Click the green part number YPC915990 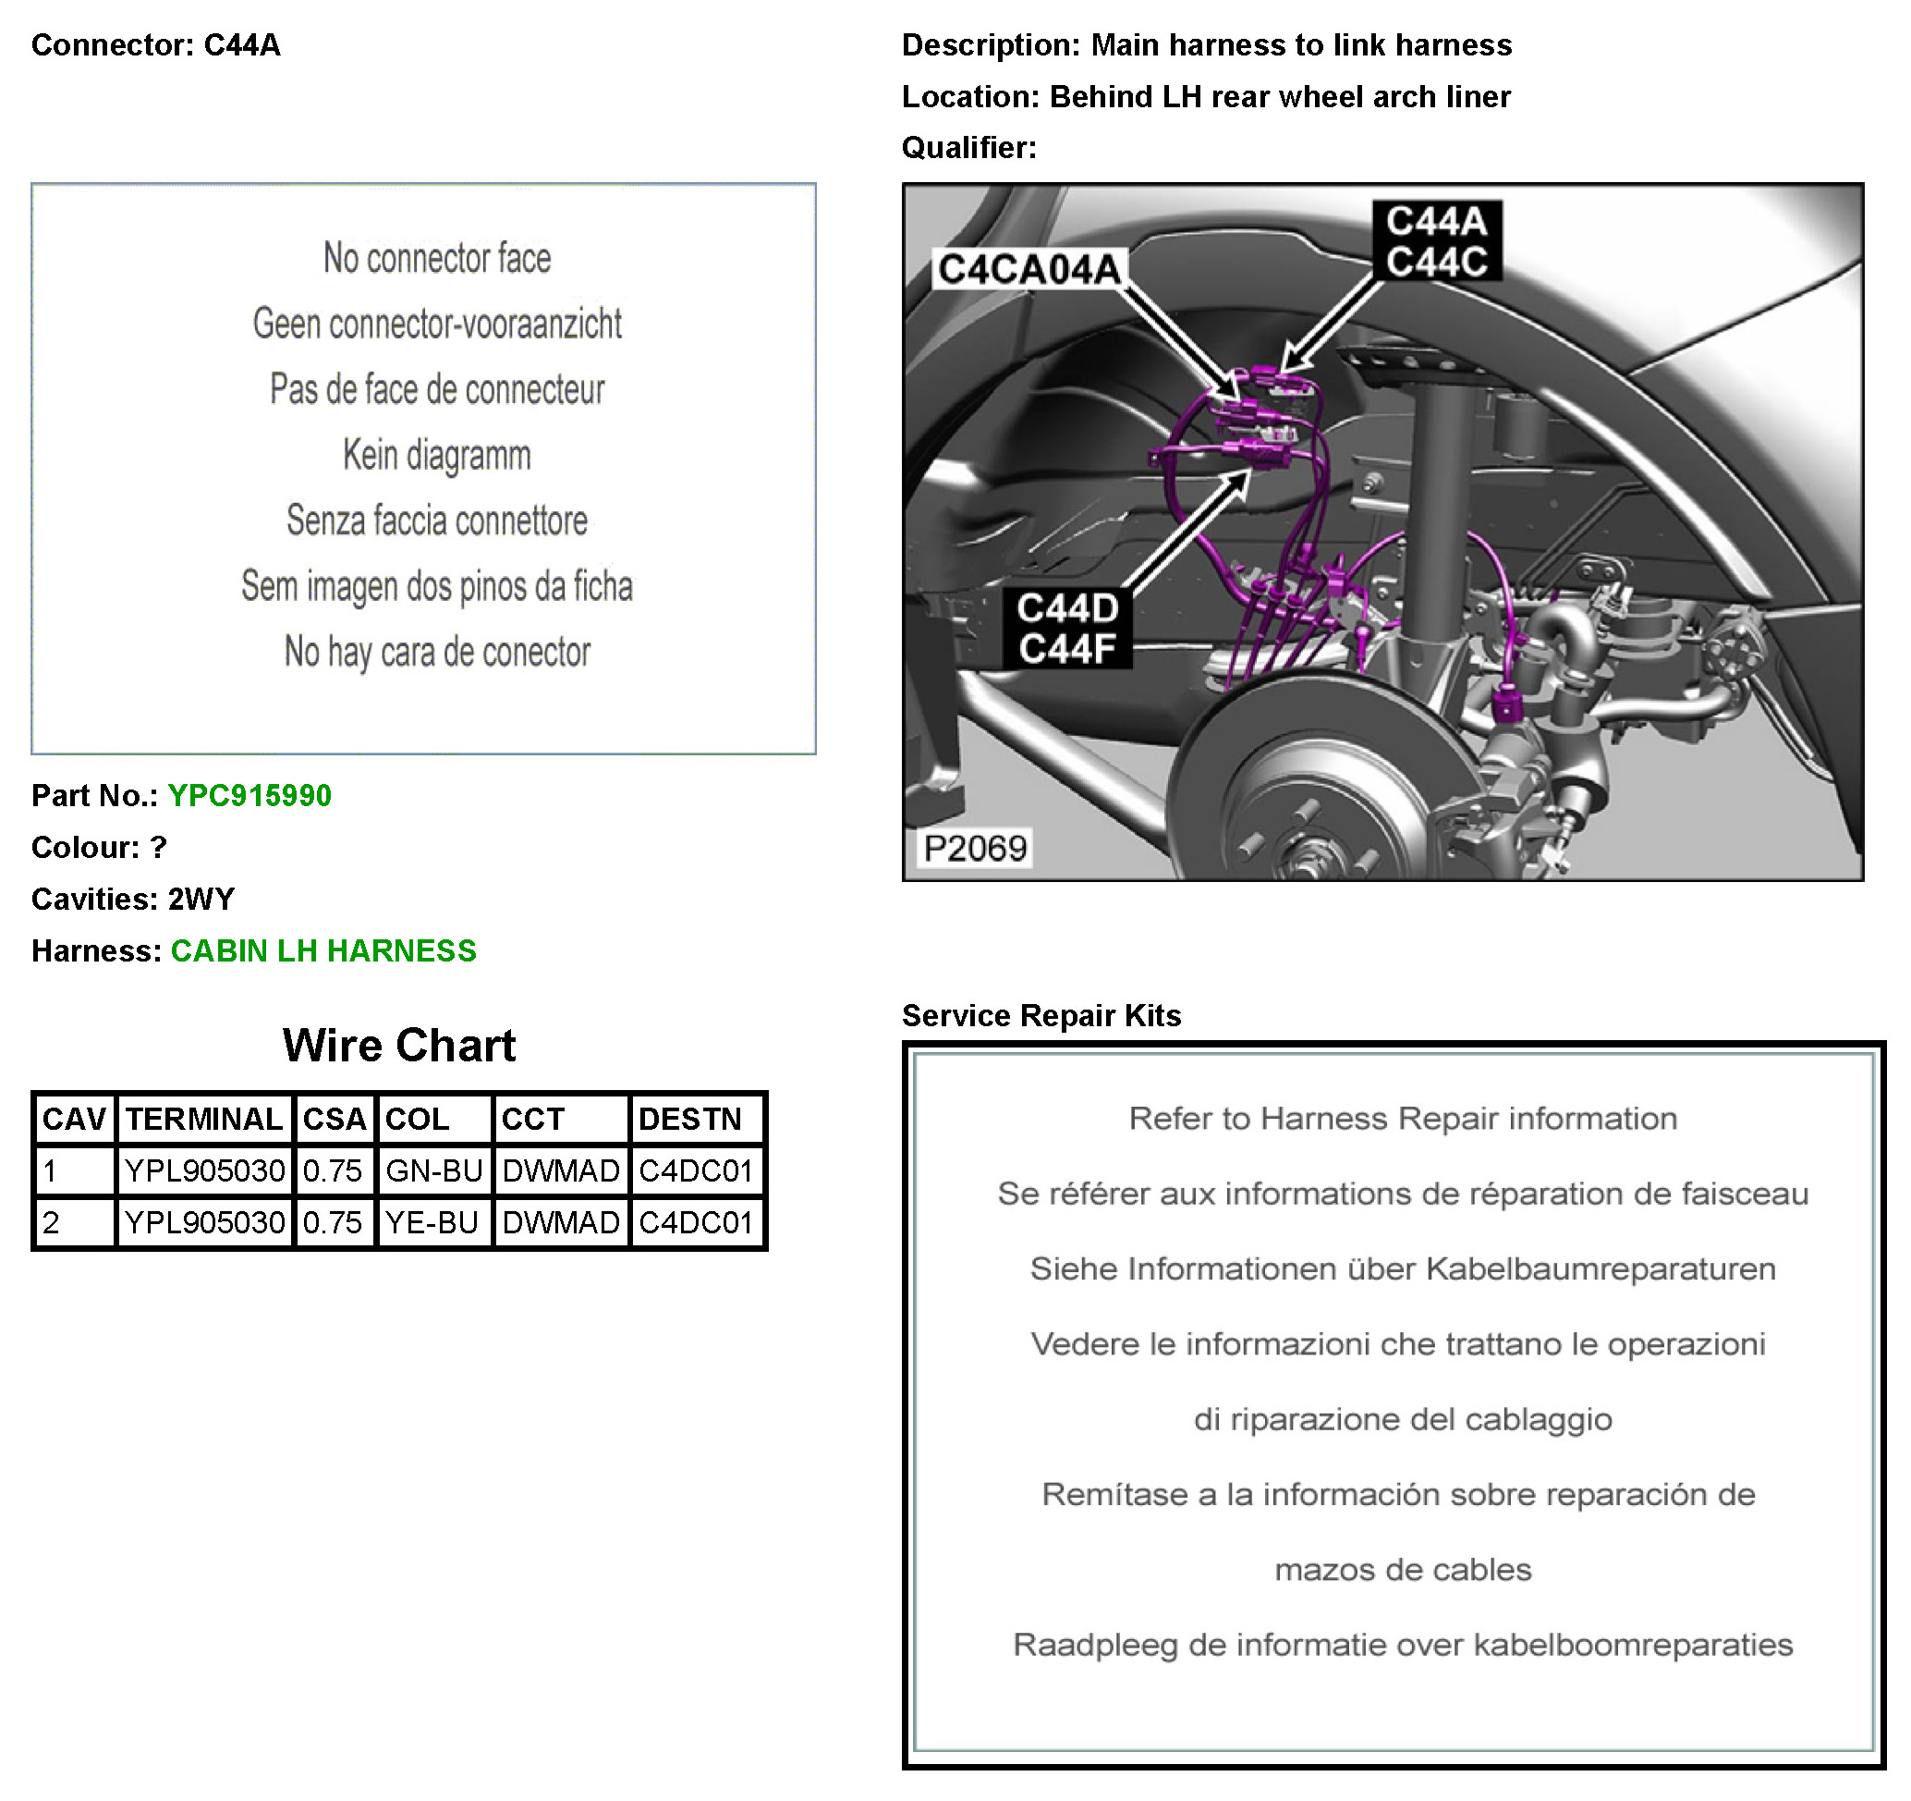(249, 795)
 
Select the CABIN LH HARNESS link (323, 951)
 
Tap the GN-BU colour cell (433, 1170)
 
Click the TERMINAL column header (204, 1119)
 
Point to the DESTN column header (690, 1119)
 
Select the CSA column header (334, 1119)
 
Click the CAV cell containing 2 (73, 1222)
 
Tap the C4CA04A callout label (1029, 269)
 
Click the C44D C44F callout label (1067, 628)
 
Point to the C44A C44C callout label (1436, 240)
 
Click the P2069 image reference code (975, 848)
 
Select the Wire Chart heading (399, 1046)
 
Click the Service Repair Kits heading (1041, 1015)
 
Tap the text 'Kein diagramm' (436, 455)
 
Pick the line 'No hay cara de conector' (436, 652)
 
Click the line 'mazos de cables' (1403, 1569)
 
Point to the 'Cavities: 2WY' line (133, 899)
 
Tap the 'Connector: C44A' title (156, 45)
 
